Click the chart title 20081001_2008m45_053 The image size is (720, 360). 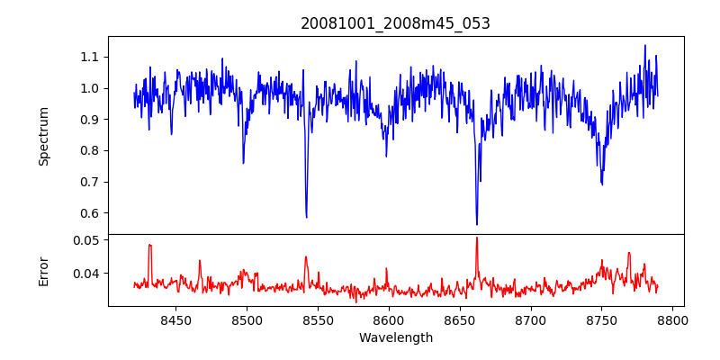(395, 23)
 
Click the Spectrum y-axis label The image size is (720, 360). (44, 136)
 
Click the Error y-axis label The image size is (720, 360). (44, 270)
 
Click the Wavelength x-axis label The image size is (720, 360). (395, 338)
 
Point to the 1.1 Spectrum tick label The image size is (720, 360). (90, 57)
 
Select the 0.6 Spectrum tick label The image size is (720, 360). (90, 213)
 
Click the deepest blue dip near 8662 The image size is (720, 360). (477, 224)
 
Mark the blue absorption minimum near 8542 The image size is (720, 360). (307, 217)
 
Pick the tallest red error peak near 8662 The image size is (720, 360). (477, 238)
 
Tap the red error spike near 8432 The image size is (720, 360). (150, 245)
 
